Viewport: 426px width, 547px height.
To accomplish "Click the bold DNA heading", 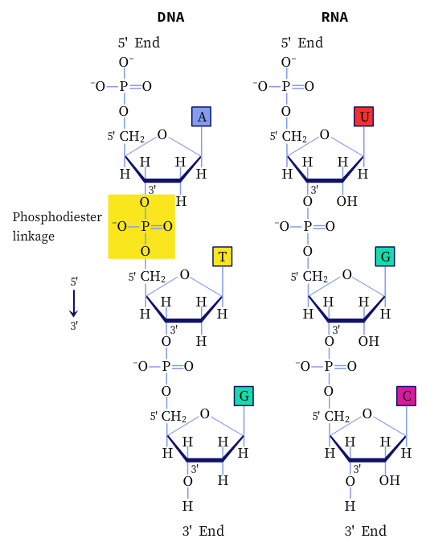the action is coord(170,17).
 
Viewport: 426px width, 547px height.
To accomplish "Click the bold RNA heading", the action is coord(334,17).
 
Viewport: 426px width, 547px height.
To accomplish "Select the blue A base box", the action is coord(202,117).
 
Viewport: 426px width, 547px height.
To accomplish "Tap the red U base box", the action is coord(364,117).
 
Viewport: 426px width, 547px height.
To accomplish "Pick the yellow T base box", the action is coord(223,257).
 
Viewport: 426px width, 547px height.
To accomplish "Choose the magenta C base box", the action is coord(407,396).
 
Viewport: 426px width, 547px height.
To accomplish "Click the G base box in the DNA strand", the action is coord(244,396).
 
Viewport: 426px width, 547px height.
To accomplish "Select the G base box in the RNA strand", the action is coord(385,257).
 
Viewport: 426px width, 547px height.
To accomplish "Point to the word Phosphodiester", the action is coord(57,217).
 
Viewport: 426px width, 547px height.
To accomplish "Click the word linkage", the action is coord(34,236).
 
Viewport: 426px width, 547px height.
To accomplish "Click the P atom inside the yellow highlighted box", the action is coord(145,226).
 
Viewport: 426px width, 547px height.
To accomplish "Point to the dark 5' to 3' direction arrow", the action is coord(74,303).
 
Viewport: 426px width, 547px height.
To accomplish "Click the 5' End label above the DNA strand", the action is coord(139,43).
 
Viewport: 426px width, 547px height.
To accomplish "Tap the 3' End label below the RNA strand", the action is coord(366,531).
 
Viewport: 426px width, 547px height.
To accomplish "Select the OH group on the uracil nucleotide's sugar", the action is coord(347,201).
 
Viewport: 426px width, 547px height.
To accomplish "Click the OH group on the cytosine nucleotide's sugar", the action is coord(390,480).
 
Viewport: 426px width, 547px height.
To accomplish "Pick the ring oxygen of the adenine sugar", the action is coord(162,134).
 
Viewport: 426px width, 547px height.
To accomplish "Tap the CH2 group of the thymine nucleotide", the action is coord(153,277).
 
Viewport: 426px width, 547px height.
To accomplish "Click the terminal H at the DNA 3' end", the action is coord(187,506).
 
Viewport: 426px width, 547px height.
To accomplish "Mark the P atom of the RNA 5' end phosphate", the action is coord(286,86).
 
